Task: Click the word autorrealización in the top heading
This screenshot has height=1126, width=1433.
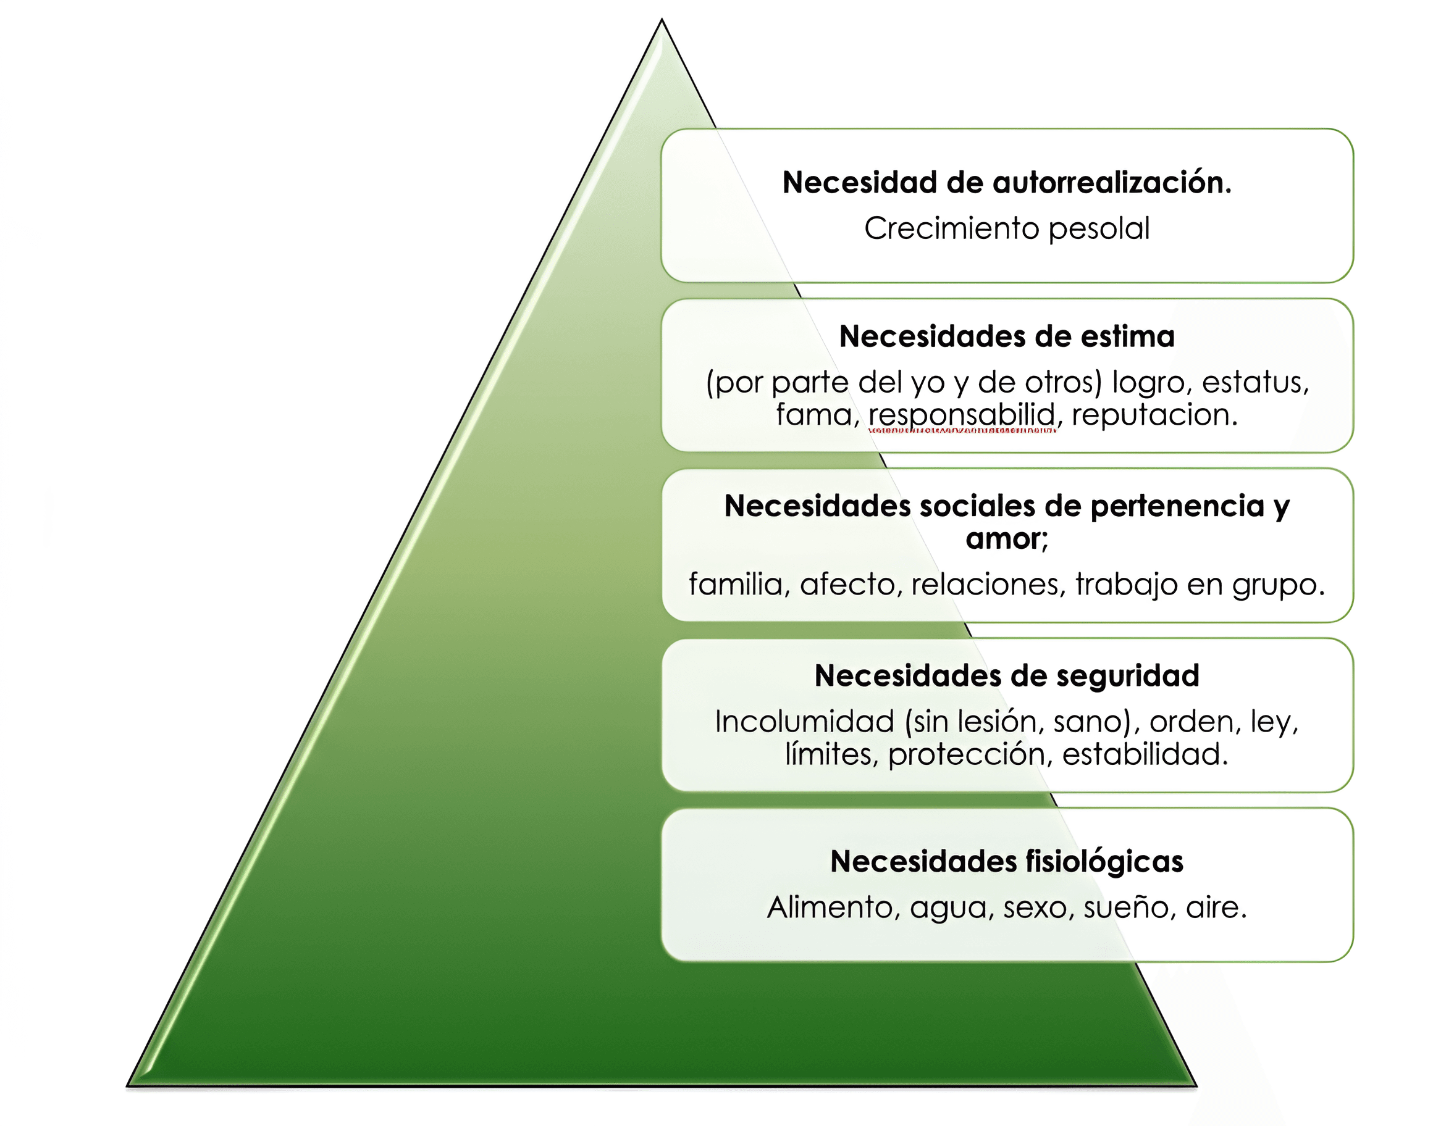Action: [1111, 183]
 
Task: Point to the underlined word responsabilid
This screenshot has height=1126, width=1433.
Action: [962, 415]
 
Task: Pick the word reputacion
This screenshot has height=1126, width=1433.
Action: [1154, 415]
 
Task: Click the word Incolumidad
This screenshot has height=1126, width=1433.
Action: [805, 721]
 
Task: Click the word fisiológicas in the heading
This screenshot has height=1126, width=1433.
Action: [1104, 862]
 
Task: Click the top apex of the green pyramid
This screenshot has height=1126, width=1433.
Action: [662, 20]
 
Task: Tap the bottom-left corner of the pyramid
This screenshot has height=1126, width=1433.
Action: [128, 1085]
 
